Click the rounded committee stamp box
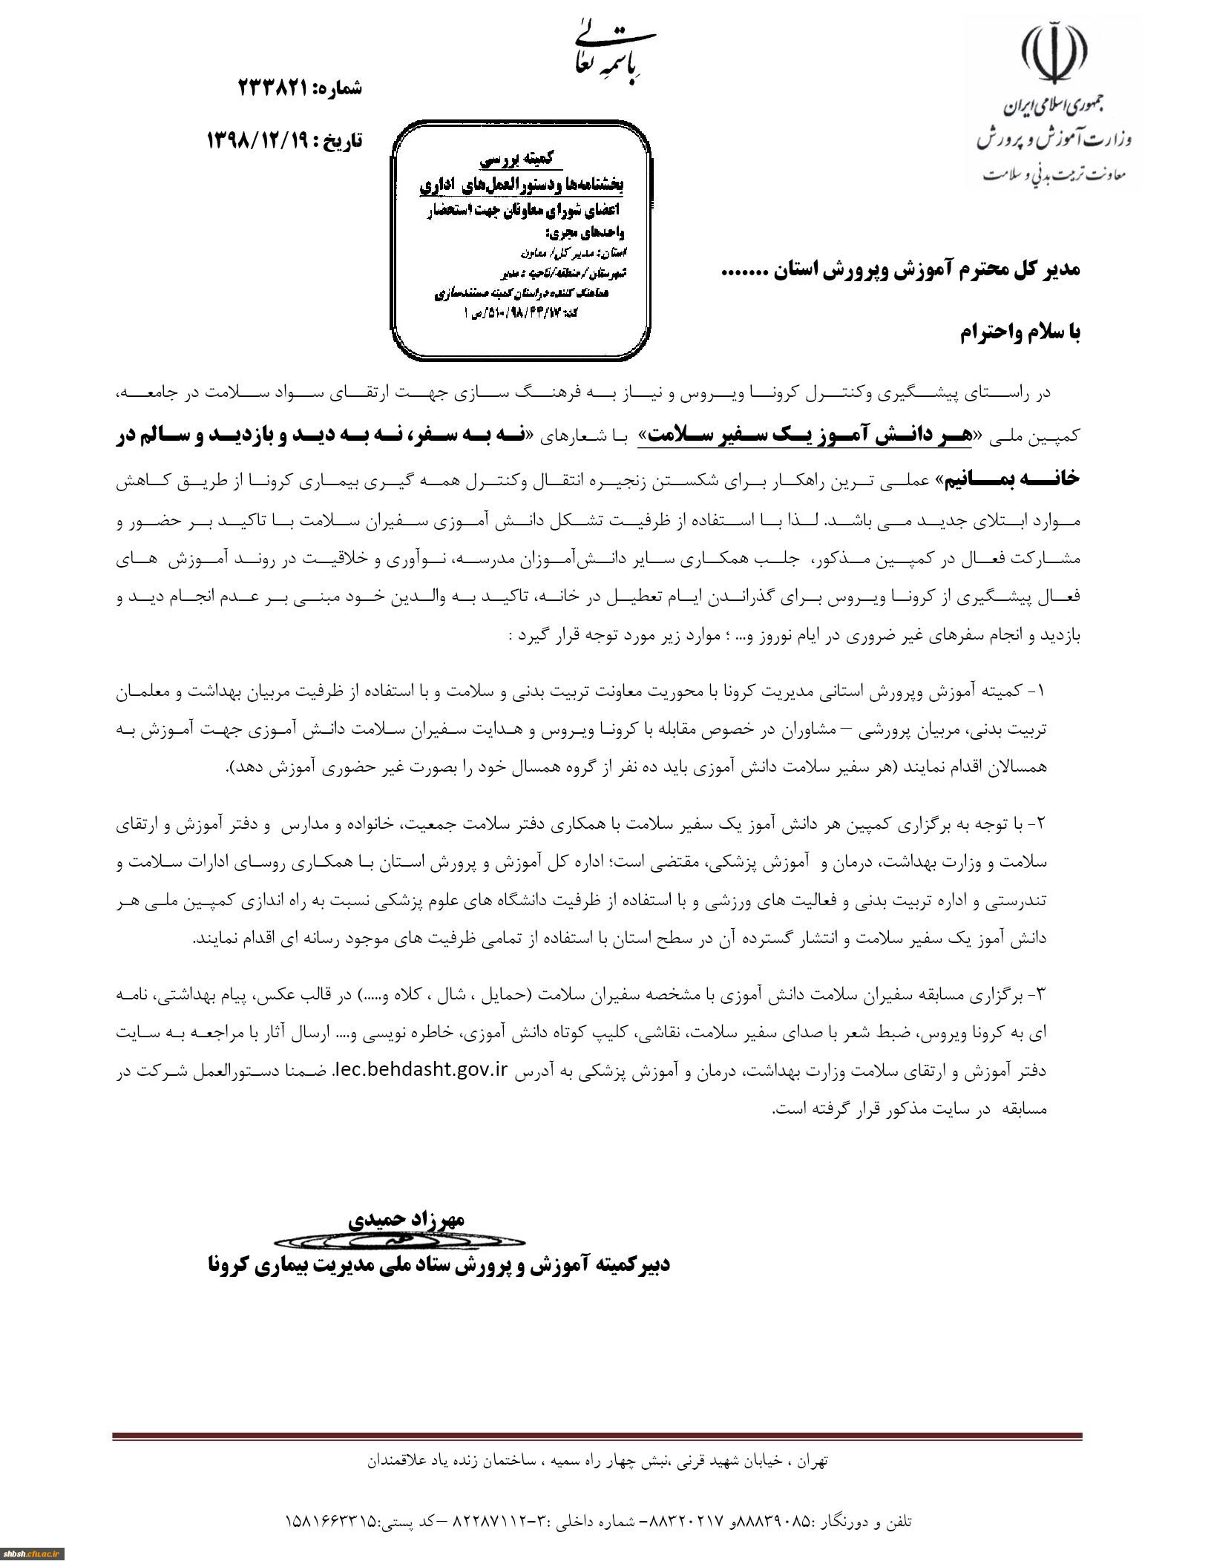point(522,242)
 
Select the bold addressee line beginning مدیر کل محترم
point(901,270)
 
